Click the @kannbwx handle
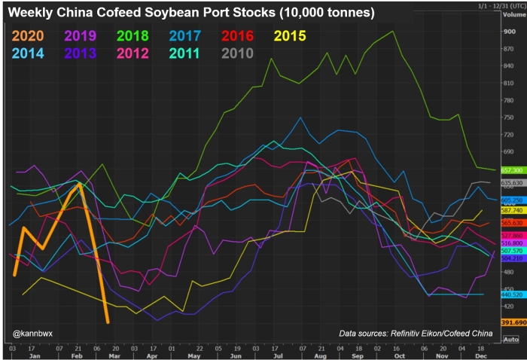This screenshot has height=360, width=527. coord(32,332)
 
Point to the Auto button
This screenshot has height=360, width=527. coord(510,340)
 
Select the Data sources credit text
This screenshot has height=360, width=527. coord(416,333)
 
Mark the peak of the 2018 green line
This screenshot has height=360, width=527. coord(393,31)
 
